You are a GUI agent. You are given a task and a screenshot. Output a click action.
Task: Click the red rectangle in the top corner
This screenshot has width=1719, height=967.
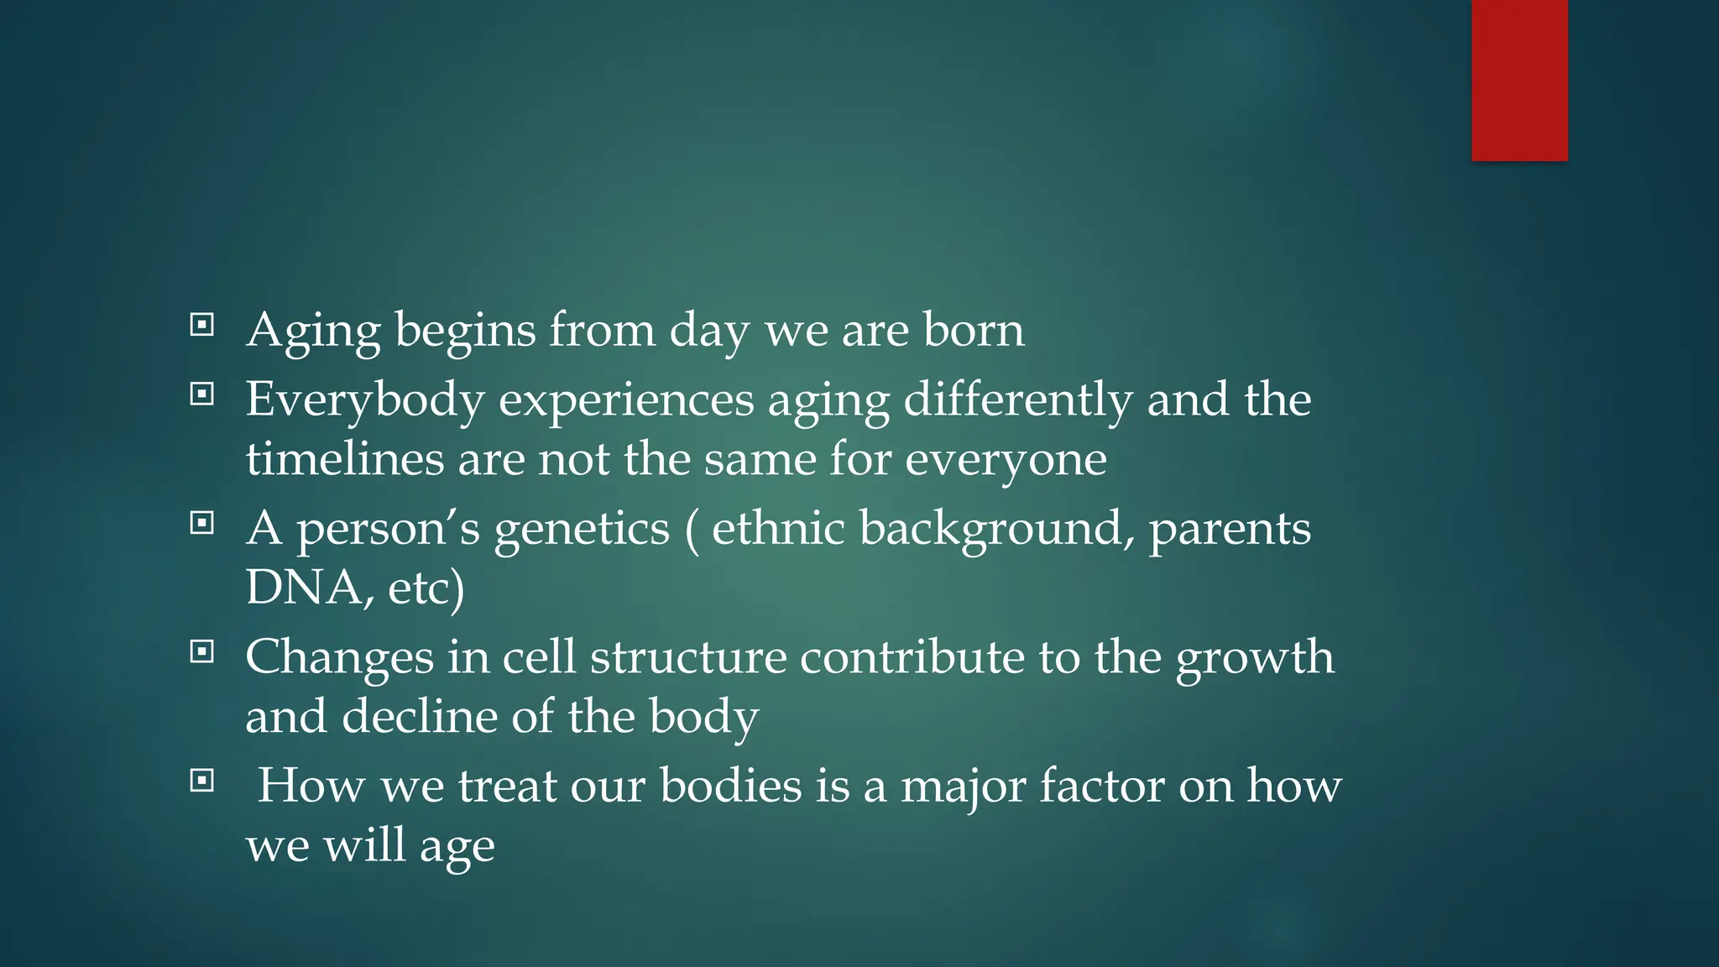point(1519,80)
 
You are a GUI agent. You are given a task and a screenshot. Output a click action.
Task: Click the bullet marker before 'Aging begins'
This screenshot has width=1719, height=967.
point(201,325)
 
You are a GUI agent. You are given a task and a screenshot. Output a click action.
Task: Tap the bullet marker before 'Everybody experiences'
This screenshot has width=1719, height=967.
point(201,394)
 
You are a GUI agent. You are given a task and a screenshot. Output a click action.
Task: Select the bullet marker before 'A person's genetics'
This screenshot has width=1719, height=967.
point(201,524)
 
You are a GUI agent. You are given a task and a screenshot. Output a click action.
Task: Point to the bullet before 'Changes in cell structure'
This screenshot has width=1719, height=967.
point(201,651)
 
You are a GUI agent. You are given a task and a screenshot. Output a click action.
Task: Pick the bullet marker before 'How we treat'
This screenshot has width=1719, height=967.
point(201,781)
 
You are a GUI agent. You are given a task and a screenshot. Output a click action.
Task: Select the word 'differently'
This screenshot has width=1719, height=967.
point(1018,400)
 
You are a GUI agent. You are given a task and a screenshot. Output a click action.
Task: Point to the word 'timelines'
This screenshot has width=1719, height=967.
point(344,459)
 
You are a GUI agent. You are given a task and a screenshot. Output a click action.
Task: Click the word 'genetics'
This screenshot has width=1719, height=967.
point(582,530)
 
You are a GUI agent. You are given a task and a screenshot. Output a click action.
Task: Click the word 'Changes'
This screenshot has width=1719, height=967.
point(339,657)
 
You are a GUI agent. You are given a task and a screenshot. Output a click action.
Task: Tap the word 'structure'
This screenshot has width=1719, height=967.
point(688,657)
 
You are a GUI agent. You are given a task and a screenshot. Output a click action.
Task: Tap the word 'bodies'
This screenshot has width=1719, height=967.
point(731,786)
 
